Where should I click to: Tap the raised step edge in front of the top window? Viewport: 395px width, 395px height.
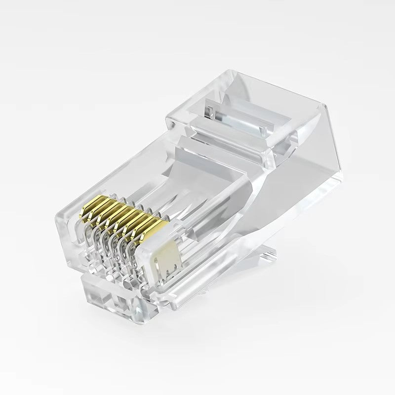222,143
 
